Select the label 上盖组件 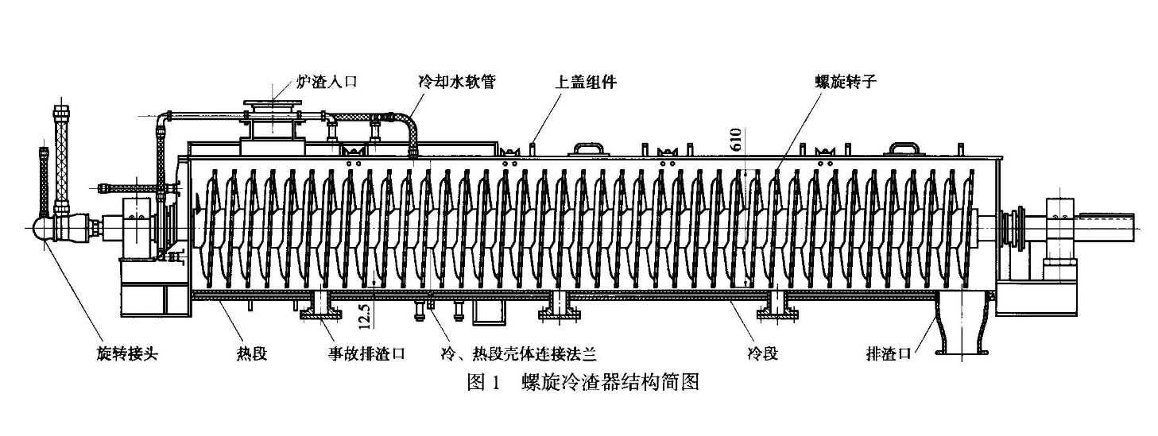pos(587,82)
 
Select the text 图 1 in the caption pos(483,382)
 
